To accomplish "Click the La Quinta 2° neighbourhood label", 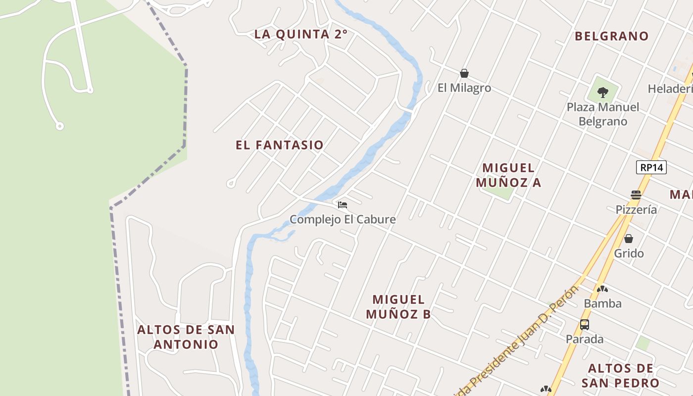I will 300,34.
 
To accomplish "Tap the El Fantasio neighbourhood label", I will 280,145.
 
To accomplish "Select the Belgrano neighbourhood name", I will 611,36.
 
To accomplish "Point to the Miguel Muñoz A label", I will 508,175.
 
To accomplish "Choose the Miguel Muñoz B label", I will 398,306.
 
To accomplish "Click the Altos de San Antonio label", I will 186,337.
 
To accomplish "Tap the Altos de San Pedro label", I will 620,376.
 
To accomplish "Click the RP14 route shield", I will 651,167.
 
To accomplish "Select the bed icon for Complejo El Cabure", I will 343,205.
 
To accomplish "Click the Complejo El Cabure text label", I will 343,219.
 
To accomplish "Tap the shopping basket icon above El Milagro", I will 464,74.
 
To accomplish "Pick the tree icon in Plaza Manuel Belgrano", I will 603,92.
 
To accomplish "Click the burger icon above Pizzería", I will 636,195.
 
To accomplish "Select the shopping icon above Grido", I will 629,239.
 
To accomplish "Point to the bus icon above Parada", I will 585,325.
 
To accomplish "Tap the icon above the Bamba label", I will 602,289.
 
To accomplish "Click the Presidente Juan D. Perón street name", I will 520,342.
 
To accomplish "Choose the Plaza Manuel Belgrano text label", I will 603,114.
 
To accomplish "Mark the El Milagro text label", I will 464,88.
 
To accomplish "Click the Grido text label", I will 629,253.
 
